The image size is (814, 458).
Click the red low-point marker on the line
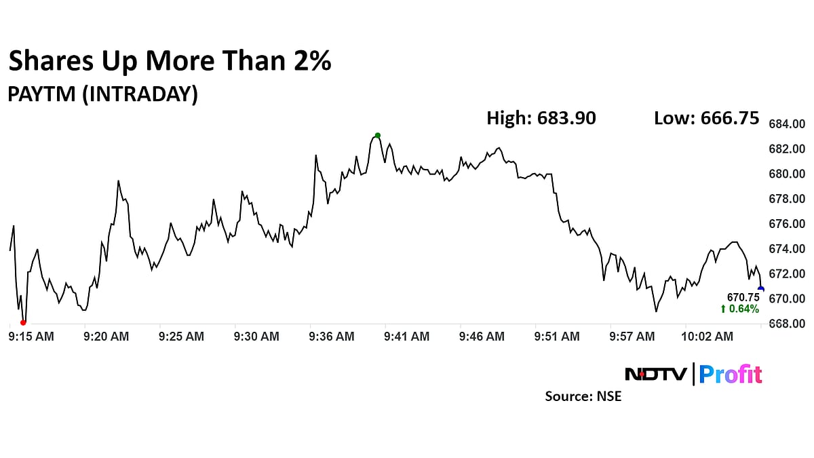point(23,322)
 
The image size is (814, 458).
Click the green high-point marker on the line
point(378,135)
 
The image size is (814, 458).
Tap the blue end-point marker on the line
point(760,289)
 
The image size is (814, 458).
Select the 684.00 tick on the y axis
point(786,124)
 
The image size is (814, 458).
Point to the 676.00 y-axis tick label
point(786,224)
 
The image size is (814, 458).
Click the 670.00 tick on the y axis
point(786,299)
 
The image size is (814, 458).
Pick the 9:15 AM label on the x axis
point(31,336)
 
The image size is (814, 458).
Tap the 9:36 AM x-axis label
point(331,336)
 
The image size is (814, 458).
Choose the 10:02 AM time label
point(708,336)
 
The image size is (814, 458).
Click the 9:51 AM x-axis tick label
point(556,336)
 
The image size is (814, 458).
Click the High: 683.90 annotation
point(541,118)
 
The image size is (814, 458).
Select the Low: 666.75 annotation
point(706,118)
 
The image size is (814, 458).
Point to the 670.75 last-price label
point(743,297)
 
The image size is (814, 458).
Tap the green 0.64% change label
point(740,309)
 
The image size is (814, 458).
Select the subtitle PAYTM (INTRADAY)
point(102,94)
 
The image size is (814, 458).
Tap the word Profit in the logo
point(731,374)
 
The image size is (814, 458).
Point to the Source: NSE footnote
point(583,396)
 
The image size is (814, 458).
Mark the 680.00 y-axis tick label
point(786,174)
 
